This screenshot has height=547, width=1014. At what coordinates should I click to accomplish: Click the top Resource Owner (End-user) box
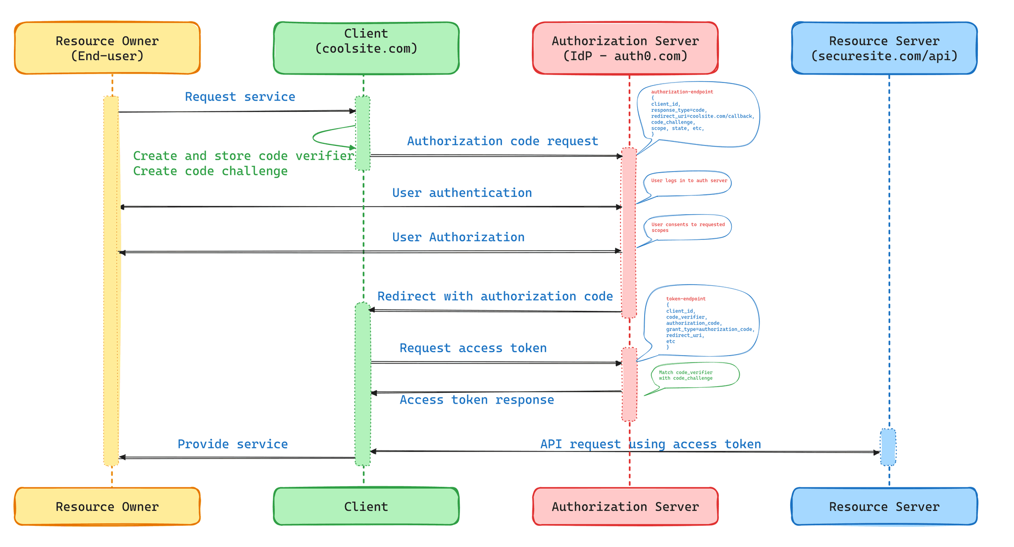tap(107, 48)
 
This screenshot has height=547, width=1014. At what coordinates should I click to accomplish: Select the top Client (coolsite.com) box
tap(366, 48)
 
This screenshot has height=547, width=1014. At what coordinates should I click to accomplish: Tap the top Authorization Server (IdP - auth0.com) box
tap(625, 48)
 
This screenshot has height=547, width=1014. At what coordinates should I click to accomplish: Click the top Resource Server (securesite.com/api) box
tap(884, 48)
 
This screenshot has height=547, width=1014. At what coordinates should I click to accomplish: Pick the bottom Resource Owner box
tap(107, 506)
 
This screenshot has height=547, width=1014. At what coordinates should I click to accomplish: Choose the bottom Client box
tap(366, 506)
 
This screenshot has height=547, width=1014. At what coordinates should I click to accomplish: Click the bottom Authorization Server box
tap(625, 506)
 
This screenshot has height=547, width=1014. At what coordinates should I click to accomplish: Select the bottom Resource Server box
tap(884, 506)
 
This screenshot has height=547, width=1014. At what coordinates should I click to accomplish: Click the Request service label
tap(240, 96)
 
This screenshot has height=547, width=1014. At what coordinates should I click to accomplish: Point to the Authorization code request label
tap(503, 141)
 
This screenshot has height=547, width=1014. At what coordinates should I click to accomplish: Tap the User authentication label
tap(462, 192)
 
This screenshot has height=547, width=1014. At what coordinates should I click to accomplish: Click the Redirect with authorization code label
tap(495, 296)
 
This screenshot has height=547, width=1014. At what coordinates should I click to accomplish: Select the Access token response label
tap(477, 400)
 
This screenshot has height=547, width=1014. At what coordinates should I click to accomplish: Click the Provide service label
tap(233, 444)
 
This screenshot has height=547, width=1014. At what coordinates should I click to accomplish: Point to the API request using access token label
tap(651, 444)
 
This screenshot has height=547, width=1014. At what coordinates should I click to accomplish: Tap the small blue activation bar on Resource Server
tap(888, 447)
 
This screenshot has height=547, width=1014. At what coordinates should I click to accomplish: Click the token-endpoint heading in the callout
tap(686, 299)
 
